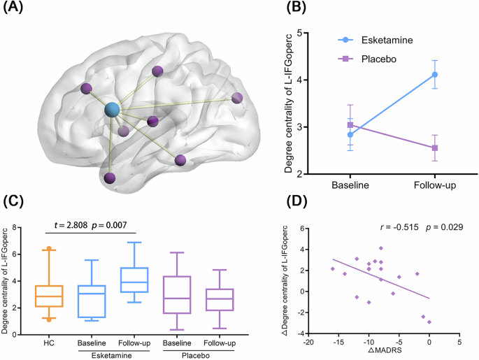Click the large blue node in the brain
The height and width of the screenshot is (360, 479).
pyautogui.click(x=112, y=109)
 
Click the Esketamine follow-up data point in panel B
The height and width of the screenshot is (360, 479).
pyautogui.click(x=435, y=74)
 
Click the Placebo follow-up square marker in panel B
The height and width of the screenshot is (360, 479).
pyautogui.click(x=435, y=147)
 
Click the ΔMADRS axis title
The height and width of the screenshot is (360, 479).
pyautogui.click(x=379, y=353)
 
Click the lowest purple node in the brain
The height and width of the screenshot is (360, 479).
pyautogui.click(x=110, y=179)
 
